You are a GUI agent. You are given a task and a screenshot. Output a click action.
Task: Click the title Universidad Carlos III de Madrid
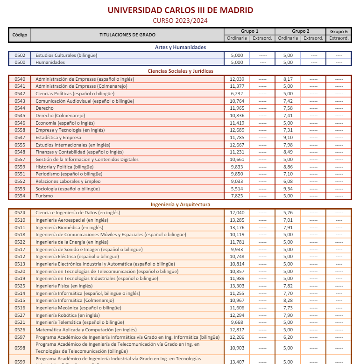tap(180, 10)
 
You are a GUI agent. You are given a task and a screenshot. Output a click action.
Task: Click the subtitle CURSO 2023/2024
tap(180, 20)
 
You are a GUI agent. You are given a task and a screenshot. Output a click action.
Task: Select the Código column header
tap(20, 35)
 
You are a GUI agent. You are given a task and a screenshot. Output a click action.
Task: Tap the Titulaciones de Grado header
tap(127, 35)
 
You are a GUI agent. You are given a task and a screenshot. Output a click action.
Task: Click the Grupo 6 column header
tap(339, 31)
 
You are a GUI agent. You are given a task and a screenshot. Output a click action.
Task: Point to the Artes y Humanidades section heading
tap(180, 47)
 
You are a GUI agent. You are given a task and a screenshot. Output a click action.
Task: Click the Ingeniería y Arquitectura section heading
tap(180, 204)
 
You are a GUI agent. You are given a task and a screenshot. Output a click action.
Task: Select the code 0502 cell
tap(20, 55)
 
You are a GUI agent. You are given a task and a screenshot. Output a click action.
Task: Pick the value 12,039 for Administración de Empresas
tap(237, 79)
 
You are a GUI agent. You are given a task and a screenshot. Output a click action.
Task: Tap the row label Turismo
tap(44, 196)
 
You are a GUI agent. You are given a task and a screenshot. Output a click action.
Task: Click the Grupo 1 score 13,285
tap(237, 220)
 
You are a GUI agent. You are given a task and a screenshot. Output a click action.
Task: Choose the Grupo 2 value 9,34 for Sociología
tap(288, 189)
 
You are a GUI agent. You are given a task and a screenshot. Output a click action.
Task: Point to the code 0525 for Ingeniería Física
tap(20, 286)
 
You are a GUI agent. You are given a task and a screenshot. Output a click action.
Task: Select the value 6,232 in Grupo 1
tap(237, 94)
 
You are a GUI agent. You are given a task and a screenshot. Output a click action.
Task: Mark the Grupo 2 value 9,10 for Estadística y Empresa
tap(288, 138)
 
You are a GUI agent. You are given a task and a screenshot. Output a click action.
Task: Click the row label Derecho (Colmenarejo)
tap(60, 115)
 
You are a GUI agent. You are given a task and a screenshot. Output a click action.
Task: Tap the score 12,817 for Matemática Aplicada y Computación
tap(237, 329)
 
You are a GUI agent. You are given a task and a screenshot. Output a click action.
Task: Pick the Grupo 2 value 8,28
tap(288, 300)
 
